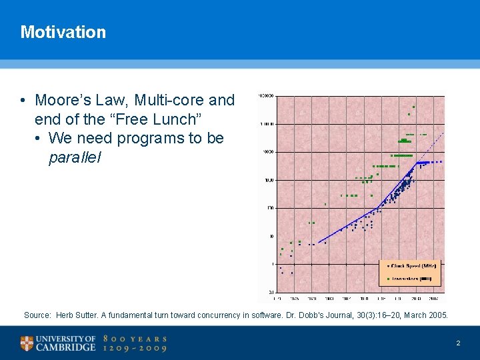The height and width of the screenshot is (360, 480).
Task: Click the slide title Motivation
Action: (x=63, y=32)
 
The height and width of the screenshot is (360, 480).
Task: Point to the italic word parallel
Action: (x=75, y=158)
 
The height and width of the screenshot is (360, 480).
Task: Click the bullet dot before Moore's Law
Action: (x=23, y=101)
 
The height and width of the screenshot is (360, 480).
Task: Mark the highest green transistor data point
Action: (x=413, y=107)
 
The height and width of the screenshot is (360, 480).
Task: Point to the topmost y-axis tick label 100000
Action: (x=267, y=96)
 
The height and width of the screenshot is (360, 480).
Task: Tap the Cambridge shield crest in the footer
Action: (x=27, y=343)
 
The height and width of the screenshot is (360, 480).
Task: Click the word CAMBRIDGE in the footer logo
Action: (x=65, y=348)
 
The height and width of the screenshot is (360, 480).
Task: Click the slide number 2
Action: (x=458, y=343)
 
